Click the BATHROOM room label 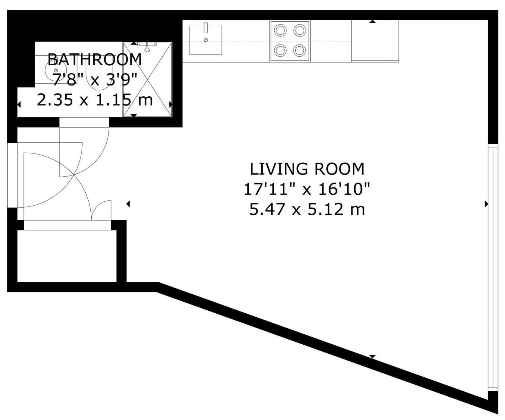(95, 60)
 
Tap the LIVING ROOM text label (307, 169)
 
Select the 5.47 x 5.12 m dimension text (307, 210)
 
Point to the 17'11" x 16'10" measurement (307, 189)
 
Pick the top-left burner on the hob (280, 30)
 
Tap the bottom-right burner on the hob (299, 51)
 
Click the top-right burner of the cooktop (299, 30)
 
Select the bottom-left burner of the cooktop (280, 51)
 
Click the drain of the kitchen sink (206, 40)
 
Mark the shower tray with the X (147, 79)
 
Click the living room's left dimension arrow (128, 204)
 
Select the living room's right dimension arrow (486, 204)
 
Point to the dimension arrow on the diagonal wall (372, 356)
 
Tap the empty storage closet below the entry (67, 256)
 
